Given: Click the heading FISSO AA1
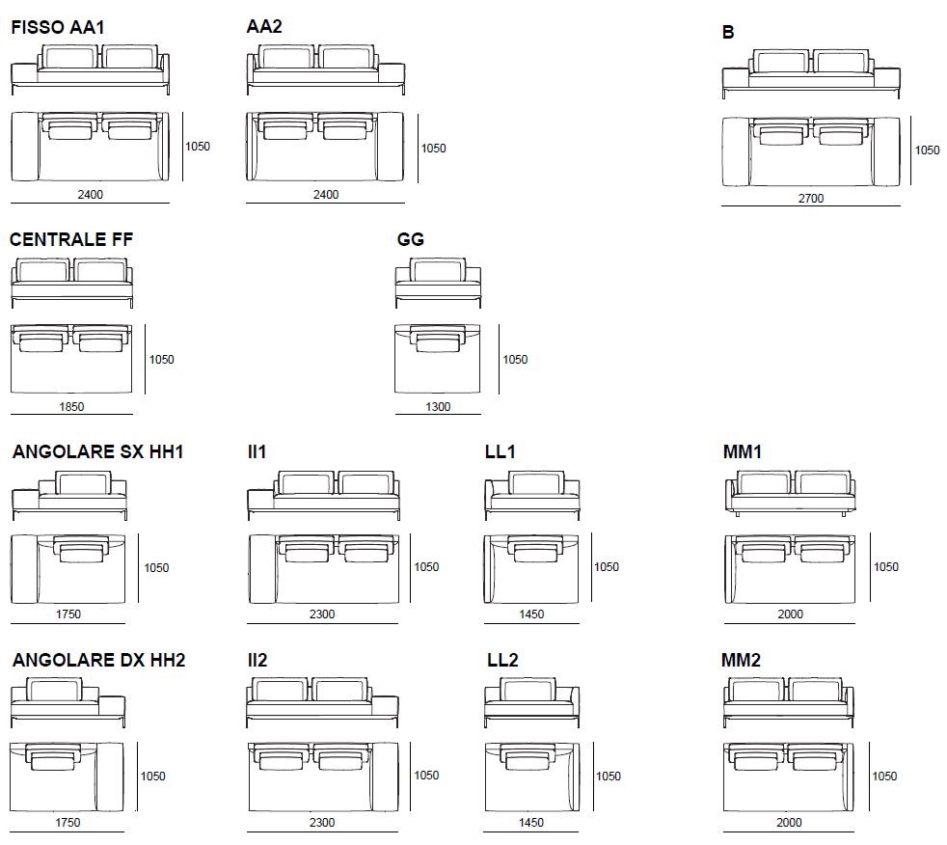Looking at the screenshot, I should pyautogui.click(x=57, y=28).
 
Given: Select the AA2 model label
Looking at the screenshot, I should pyautogui.click(x=264, y=27).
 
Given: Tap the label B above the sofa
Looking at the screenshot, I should pyautogui.click(x=728, y=33).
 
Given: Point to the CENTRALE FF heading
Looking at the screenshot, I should pyautogui.click(x=71, y=239).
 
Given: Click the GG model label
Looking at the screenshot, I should pyautogui.click(x=411, y=239).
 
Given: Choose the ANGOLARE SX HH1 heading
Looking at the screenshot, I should pyautogui.click(x=97, y=451).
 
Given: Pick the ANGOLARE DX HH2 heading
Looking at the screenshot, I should pyautogui.click(x=98, y=661).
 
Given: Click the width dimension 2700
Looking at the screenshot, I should pyautogui.click(x=810, y=199).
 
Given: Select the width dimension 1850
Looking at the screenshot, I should pyautogui.click(x=71, y=406).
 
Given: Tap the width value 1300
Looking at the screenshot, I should pyautogui.click(x=438, y=407).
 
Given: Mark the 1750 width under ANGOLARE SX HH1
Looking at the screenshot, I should pyautogui.click(x=68, y=614).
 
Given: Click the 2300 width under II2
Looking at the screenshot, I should pyautogui.click(x=322, y=823).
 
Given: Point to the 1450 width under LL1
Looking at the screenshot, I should pyautogui.click(x=531, y=614).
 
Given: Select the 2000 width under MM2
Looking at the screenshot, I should pyautogui.click(x=790, y=823).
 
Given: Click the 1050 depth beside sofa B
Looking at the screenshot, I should pyautogui.click(x=927, y=150).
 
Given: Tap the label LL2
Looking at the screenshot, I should pyautogui.click(x=502, y=661).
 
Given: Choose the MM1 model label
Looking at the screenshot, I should pyautogui.click(x=742, y=451).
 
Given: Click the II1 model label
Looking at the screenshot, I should pyautogui.click(x=257, y=451).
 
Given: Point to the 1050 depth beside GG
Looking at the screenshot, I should pyautogui.click(x=515, y=360).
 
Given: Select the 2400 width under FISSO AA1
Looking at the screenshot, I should pyautogui.click(x=91, y=195).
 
